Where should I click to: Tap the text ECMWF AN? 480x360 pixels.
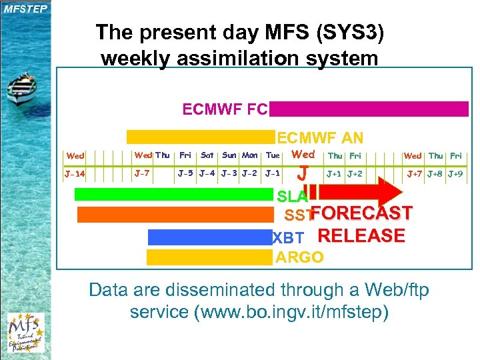[320, 138]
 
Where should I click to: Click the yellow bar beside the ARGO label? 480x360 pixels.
[209, 257]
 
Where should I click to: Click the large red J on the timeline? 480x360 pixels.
[303, 174]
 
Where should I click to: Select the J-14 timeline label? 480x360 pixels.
[75, 175]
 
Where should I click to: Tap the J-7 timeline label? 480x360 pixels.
[142, 174]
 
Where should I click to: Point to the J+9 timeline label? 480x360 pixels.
[455, 174]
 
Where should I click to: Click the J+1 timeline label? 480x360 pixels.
[334, 174]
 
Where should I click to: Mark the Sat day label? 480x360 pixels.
[207, 155]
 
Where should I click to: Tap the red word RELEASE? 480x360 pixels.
[361, 236]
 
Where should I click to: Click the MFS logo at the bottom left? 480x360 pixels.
[25, 331]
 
